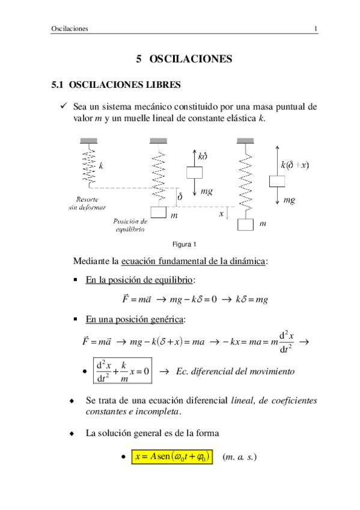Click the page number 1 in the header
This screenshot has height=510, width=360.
pos(316,29)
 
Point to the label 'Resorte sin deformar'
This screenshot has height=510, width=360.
pos(88,203)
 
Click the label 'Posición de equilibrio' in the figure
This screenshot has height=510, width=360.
pos(130,225)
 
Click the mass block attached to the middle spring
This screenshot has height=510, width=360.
pos(158,212)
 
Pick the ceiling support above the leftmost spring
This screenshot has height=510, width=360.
pos(89,141)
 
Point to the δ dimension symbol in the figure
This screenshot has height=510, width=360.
pos(178,197)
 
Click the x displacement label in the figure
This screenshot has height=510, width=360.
pos(221,213)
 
